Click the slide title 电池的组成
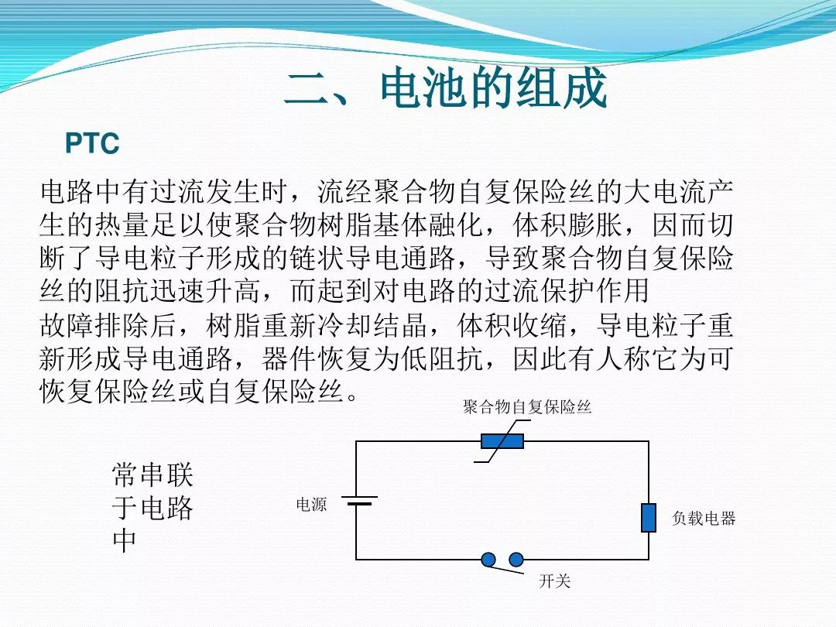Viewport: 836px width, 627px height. click(x=493, y=88)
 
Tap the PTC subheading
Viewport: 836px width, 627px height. click(x=92, y=143)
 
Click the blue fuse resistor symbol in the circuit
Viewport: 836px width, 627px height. click(x=502, y=441)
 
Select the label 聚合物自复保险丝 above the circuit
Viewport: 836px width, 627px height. click(x=527, y=407)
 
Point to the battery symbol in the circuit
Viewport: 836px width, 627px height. click(x=359, y=501)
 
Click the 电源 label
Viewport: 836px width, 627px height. click(x=311, y=505)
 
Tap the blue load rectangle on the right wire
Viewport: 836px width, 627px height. click(x=649, y=517)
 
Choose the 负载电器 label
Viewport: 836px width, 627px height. click(x=704, y=518)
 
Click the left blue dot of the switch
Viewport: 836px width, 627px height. click(x=488, y=560)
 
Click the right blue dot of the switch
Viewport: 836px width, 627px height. click(x=516, y=560)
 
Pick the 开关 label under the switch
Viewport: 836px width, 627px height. click(x=554, y=581)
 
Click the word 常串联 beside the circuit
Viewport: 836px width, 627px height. click(x=152, y=475)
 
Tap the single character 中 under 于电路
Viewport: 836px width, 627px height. click(x=125, y=540)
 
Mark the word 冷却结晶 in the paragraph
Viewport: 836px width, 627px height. click(x=372, y=324)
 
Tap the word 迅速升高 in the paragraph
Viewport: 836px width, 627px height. click(x=206, y=291)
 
